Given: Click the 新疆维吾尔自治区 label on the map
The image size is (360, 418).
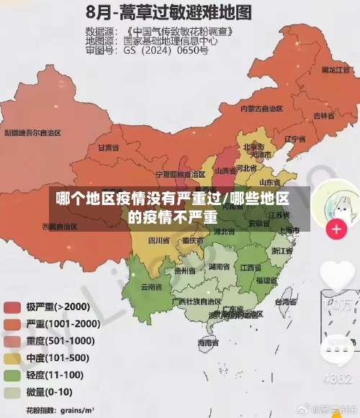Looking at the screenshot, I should pyautogui.click(x=33, y=133).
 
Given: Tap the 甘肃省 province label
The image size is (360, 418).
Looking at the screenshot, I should pyautogui.click(x=107, y=147).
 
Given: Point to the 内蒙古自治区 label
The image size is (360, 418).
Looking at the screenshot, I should pyautogui.click(x=261, y=108).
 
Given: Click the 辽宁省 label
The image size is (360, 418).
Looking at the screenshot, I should pyautogui.click(x=295, y=138).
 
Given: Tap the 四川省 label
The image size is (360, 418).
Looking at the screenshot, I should pyautogui.click(x=158, y=240).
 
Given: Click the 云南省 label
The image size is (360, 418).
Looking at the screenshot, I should pyautogui.click(x=151, y=286).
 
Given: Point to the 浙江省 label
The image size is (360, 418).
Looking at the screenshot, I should pyautogui.click(x=282, y=251).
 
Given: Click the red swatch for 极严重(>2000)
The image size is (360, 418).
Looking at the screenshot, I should pyautogui.click(x=12, y=307).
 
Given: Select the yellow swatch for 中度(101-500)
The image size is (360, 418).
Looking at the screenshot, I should pyautogui.click(x=12, y=358).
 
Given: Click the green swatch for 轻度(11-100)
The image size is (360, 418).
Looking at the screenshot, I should pyautogui.click(x=12, y=376).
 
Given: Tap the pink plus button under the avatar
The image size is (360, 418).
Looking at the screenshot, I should pyautogui.click(x=336, y=230).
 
